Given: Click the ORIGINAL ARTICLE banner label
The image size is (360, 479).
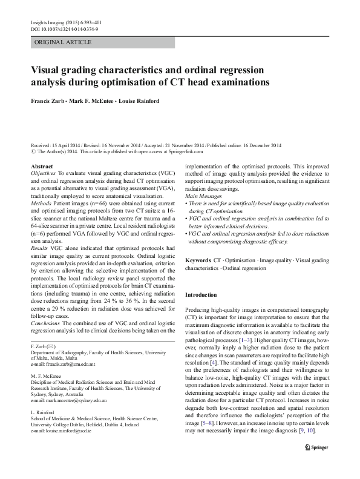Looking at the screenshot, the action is (x=64, y=42).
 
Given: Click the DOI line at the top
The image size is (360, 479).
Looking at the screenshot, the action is (x=64, y=28).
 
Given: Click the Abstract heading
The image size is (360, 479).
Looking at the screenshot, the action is (x=41, y=165).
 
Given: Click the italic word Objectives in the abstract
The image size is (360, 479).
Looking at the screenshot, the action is (x=43, y=173).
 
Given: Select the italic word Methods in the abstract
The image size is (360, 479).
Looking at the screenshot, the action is (x=41, y=205).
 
